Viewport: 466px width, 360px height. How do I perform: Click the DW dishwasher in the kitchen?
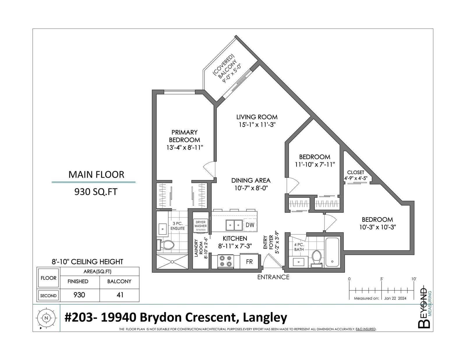pos(250,225)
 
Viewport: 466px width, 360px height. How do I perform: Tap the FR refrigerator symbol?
pos(249,262)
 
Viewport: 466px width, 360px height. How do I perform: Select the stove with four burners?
pos(226,261)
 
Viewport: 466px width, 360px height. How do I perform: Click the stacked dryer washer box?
pos(201,226)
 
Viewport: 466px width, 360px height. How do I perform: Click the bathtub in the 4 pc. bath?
pos(332,252)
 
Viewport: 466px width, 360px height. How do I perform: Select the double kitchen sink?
pos(234,225)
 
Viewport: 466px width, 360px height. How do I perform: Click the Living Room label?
pos(257,117)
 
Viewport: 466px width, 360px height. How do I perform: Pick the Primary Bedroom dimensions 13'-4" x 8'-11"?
pos(185,148)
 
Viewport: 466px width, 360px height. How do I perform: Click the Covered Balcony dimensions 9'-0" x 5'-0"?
pos(232,74)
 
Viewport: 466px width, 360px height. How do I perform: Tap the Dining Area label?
pos(251,180)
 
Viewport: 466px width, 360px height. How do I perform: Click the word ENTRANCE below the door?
pos(273,277)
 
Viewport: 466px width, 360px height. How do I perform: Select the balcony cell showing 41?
pos(120,295)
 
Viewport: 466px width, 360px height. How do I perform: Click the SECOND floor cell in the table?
pos(48,296)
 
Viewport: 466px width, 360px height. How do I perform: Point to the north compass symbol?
pos(46,318)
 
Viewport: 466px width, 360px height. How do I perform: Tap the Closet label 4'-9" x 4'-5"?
pos(356,175)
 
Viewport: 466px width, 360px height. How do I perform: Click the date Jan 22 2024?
pos(395,298)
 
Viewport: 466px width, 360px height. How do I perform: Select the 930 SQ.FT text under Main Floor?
pos(96,192)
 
